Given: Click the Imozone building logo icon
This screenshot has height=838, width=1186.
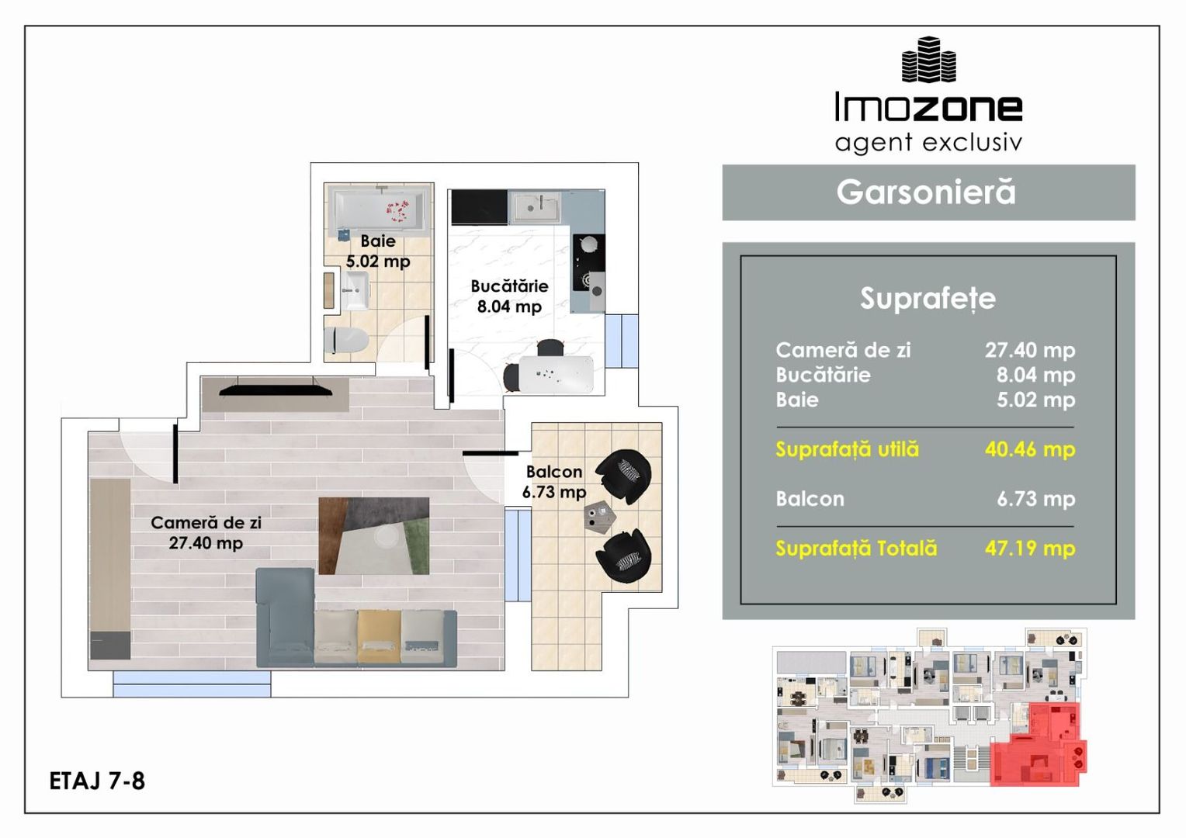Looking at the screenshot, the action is (928, 60).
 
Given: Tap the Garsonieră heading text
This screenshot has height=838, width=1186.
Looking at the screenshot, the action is (926, 192).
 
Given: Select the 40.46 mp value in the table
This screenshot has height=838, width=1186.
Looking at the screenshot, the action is (1030, 449).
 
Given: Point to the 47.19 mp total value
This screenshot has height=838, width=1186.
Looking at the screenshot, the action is (1030, 549).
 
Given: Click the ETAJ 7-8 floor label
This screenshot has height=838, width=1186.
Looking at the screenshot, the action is (97, 781).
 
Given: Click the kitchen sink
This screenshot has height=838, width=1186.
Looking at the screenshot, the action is (535, 207).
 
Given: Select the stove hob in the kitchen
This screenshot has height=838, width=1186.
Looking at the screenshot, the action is (588, 262).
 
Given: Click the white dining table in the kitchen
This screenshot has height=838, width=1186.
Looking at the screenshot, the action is (556, 375).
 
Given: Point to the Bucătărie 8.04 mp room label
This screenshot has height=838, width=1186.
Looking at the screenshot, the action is (509, 296).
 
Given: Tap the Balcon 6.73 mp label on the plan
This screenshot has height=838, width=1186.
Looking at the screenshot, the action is (554, 482).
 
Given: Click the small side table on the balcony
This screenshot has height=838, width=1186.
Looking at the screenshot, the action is (600, 516).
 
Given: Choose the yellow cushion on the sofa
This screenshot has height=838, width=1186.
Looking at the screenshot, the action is (379, 636).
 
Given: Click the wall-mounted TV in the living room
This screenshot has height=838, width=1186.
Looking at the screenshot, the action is (276, 390).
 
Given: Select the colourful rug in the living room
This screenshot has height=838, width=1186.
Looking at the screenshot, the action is (374, 535).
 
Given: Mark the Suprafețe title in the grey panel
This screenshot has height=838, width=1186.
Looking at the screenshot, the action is (928, 299).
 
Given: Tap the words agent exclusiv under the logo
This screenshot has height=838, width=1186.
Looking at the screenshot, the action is (928, 143).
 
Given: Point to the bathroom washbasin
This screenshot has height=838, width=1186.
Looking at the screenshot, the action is (355, 290).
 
